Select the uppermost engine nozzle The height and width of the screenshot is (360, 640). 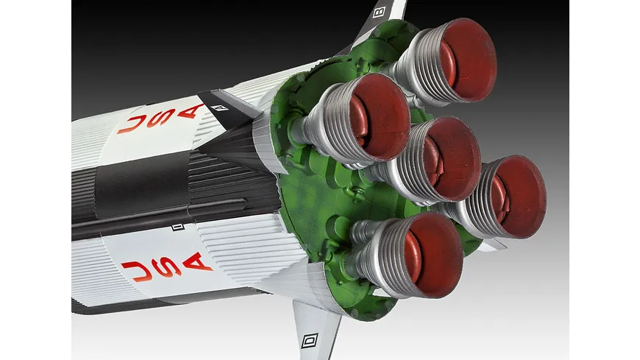[x=445, y=61]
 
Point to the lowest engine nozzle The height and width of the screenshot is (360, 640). [x=408, y=255]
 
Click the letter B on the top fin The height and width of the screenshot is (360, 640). [x=379, y=12]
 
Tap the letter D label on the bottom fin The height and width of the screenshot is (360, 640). [x=310, y=340]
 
